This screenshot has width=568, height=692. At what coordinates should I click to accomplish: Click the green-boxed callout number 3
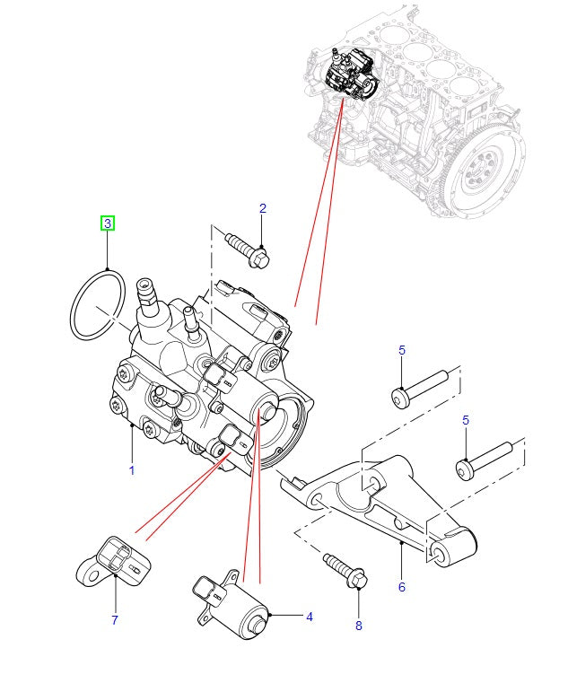click(107, 223)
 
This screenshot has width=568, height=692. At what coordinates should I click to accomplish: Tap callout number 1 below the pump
click(131, 470)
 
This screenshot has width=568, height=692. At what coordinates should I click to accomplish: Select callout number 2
click(263, 209)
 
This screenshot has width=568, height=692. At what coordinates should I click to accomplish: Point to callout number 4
click(309, 617)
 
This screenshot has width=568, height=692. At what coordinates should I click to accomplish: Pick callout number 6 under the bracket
click(401, 587)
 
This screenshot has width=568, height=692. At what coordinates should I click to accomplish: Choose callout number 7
click(115, 619)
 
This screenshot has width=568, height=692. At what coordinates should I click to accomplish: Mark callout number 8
click(358, 626)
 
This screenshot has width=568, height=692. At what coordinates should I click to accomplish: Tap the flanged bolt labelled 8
click(345, 572)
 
